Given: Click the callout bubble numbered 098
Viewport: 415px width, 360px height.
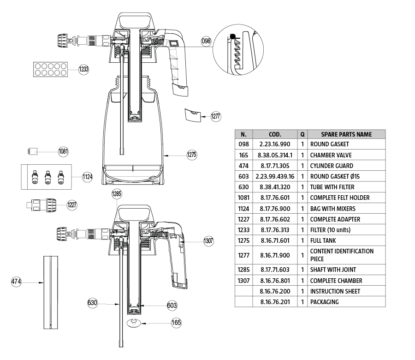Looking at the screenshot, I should [206, 41].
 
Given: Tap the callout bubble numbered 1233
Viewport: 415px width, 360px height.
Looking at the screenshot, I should [83, 69].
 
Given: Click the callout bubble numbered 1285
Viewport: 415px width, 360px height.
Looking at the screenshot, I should [116, 194].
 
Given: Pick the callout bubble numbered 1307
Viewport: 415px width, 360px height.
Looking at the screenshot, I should [208, 240].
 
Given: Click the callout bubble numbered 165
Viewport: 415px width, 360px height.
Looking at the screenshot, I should [176, 323].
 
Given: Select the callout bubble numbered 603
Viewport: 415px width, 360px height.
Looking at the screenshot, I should [172, 305].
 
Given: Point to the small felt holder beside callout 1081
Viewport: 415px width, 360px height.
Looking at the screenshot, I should [32, 151].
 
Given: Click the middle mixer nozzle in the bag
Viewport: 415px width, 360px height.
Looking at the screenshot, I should [47, 177].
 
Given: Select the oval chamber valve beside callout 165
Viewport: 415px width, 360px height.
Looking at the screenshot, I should [134, 323].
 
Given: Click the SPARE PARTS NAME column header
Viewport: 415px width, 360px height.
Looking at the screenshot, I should [346, 134].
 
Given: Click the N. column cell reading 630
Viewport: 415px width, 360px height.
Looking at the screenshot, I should [243, 187].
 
